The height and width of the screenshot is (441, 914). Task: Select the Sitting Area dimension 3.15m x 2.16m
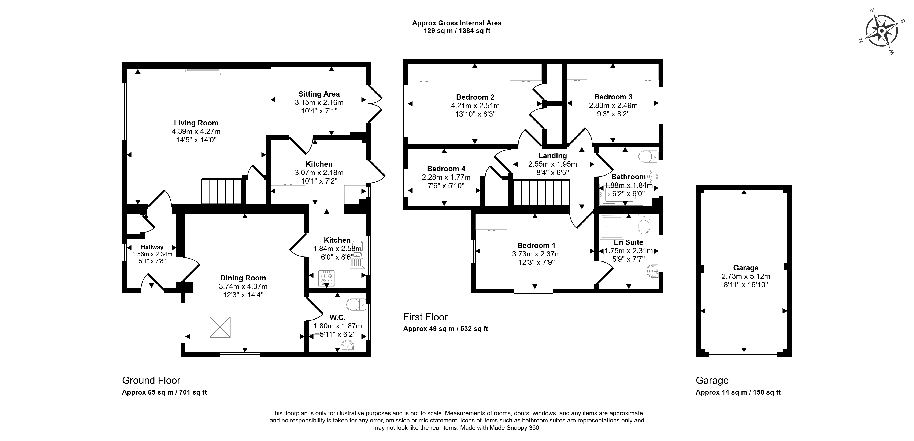pos(319,102)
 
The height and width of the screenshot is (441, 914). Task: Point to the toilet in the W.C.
pos(356,304)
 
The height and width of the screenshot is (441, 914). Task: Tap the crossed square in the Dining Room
pos(220,327)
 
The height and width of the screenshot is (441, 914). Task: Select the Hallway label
pos(152,247)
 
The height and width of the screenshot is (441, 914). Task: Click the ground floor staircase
pos(222,191)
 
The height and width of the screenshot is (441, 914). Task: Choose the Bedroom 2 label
pos(475,97)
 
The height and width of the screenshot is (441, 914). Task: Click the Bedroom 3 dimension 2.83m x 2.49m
pos(613,105)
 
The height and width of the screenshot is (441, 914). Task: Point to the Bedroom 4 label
pos(446,169)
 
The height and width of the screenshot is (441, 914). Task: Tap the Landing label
pos(552,156)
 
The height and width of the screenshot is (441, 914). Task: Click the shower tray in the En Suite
pos(612,226)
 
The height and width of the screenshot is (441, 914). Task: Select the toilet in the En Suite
pos(643,223)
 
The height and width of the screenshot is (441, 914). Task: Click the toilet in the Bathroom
pos(648,156)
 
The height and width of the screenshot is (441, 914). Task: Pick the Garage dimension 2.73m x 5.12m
pos(746,276)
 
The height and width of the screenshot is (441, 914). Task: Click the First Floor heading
pos(425,317)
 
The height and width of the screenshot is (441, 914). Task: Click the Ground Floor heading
pos(151,380)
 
